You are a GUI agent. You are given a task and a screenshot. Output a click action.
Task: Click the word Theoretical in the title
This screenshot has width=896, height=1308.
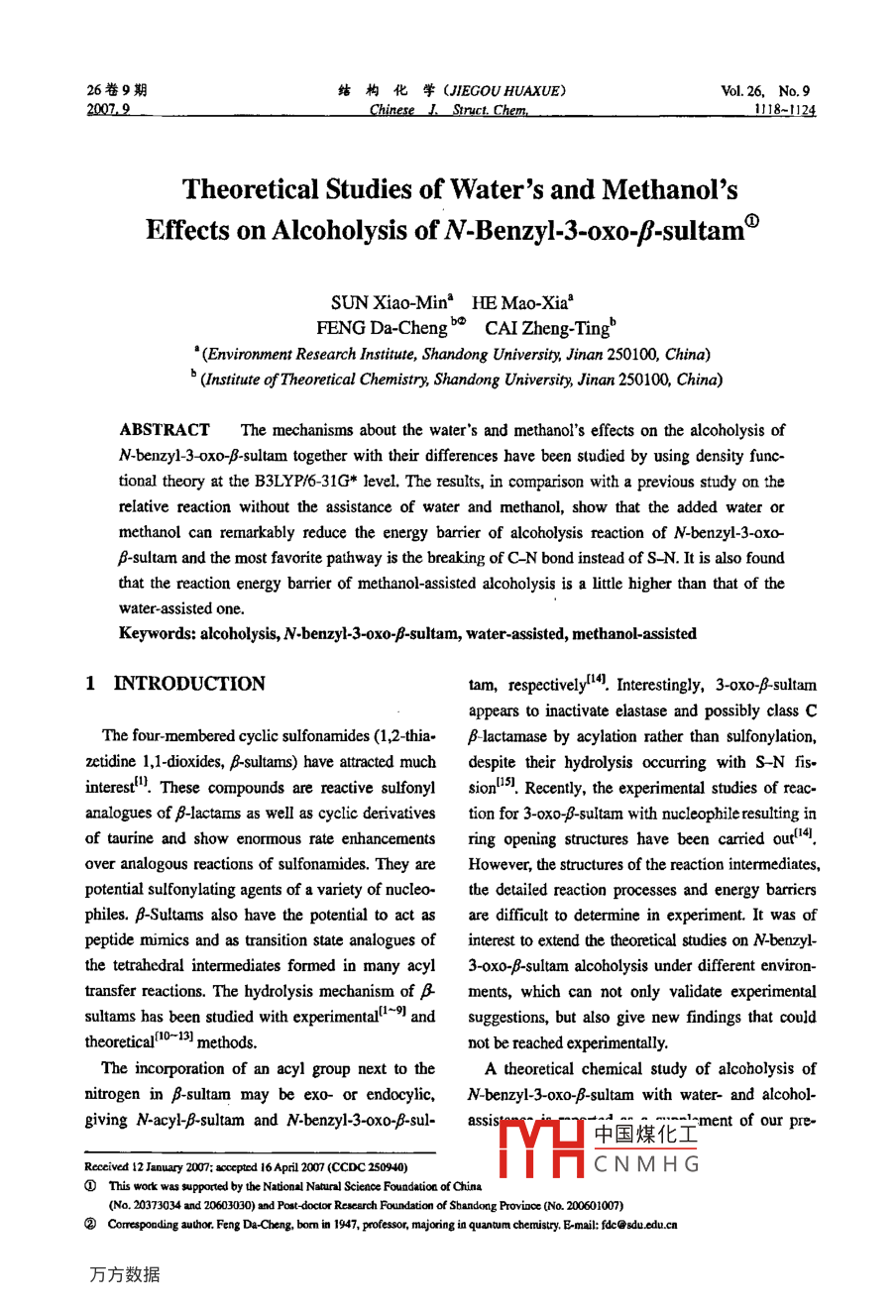tap(253, 189)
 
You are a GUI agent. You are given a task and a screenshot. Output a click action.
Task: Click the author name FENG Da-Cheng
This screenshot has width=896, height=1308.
tap(382, 327)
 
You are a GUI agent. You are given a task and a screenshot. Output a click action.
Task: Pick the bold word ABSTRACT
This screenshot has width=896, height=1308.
tap(164, 430)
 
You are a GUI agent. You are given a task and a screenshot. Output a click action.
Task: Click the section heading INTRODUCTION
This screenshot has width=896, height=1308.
tap(189, 684)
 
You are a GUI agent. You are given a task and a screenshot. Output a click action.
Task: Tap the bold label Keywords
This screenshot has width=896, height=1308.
tap(156, 634)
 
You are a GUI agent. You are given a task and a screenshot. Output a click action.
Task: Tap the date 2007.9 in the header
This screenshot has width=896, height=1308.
tap(108, 110)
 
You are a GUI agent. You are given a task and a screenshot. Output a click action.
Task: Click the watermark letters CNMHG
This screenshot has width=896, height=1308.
tap(647, 1164)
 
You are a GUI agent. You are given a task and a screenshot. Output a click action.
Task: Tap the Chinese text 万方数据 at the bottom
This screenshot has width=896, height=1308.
tap(124, 1274)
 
